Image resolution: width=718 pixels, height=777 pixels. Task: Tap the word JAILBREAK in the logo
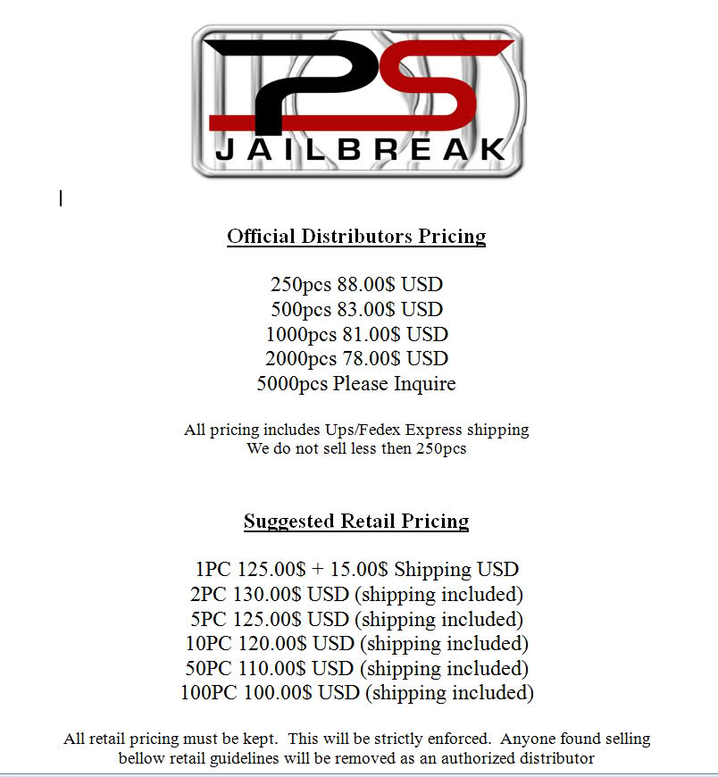point(361,148)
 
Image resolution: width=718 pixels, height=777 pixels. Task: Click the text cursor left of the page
point(61,198)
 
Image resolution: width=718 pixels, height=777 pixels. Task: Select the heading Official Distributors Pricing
point(356,237)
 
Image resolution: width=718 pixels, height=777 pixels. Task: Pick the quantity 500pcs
point(300,310)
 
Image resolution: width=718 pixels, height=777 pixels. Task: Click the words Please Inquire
point(394,384)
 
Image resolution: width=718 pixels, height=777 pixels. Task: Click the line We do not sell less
point(356,448)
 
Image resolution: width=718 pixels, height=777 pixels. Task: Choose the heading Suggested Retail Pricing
point(356,522)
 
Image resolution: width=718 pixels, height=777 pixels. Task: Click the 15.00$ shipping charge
point(356,569)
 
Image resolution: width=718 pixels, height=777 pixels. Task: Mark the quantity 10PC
point(205,643)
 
